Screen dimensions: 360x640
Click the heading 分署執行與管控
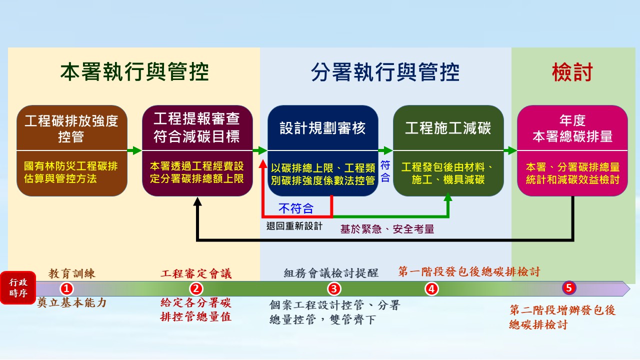click(385, 72)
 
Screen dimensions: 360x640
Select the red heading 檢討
click(572, 72)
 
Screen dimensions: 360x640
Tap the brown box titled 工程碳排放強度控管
click(71, 128)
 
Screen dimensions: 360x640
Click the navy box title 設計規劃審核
click(322, 128)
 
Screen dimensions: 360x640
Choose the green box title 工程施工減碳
click(448, 128)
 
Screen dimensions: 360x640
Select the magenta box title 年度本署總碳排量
click(572, 128)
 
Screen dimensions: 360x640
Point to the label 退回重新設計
click(294, 226)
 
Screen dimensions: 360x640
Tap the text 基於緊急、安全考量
click(387, 229)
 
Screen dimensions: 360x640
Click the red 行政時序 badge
click(18, 288)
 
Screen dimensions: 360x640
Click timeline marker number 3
click(333, 288)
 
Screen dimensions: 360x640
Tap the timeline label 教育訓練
click(71, 273)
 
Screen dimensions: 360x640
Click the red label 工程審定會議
click(196, 273)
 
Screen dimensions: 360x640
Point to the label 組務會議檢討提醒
click(331, 273)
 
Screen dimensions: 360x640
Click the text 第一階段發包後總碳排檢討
click(469, 271)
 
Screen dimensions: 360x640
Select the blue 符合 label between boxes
click(385, 171)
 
